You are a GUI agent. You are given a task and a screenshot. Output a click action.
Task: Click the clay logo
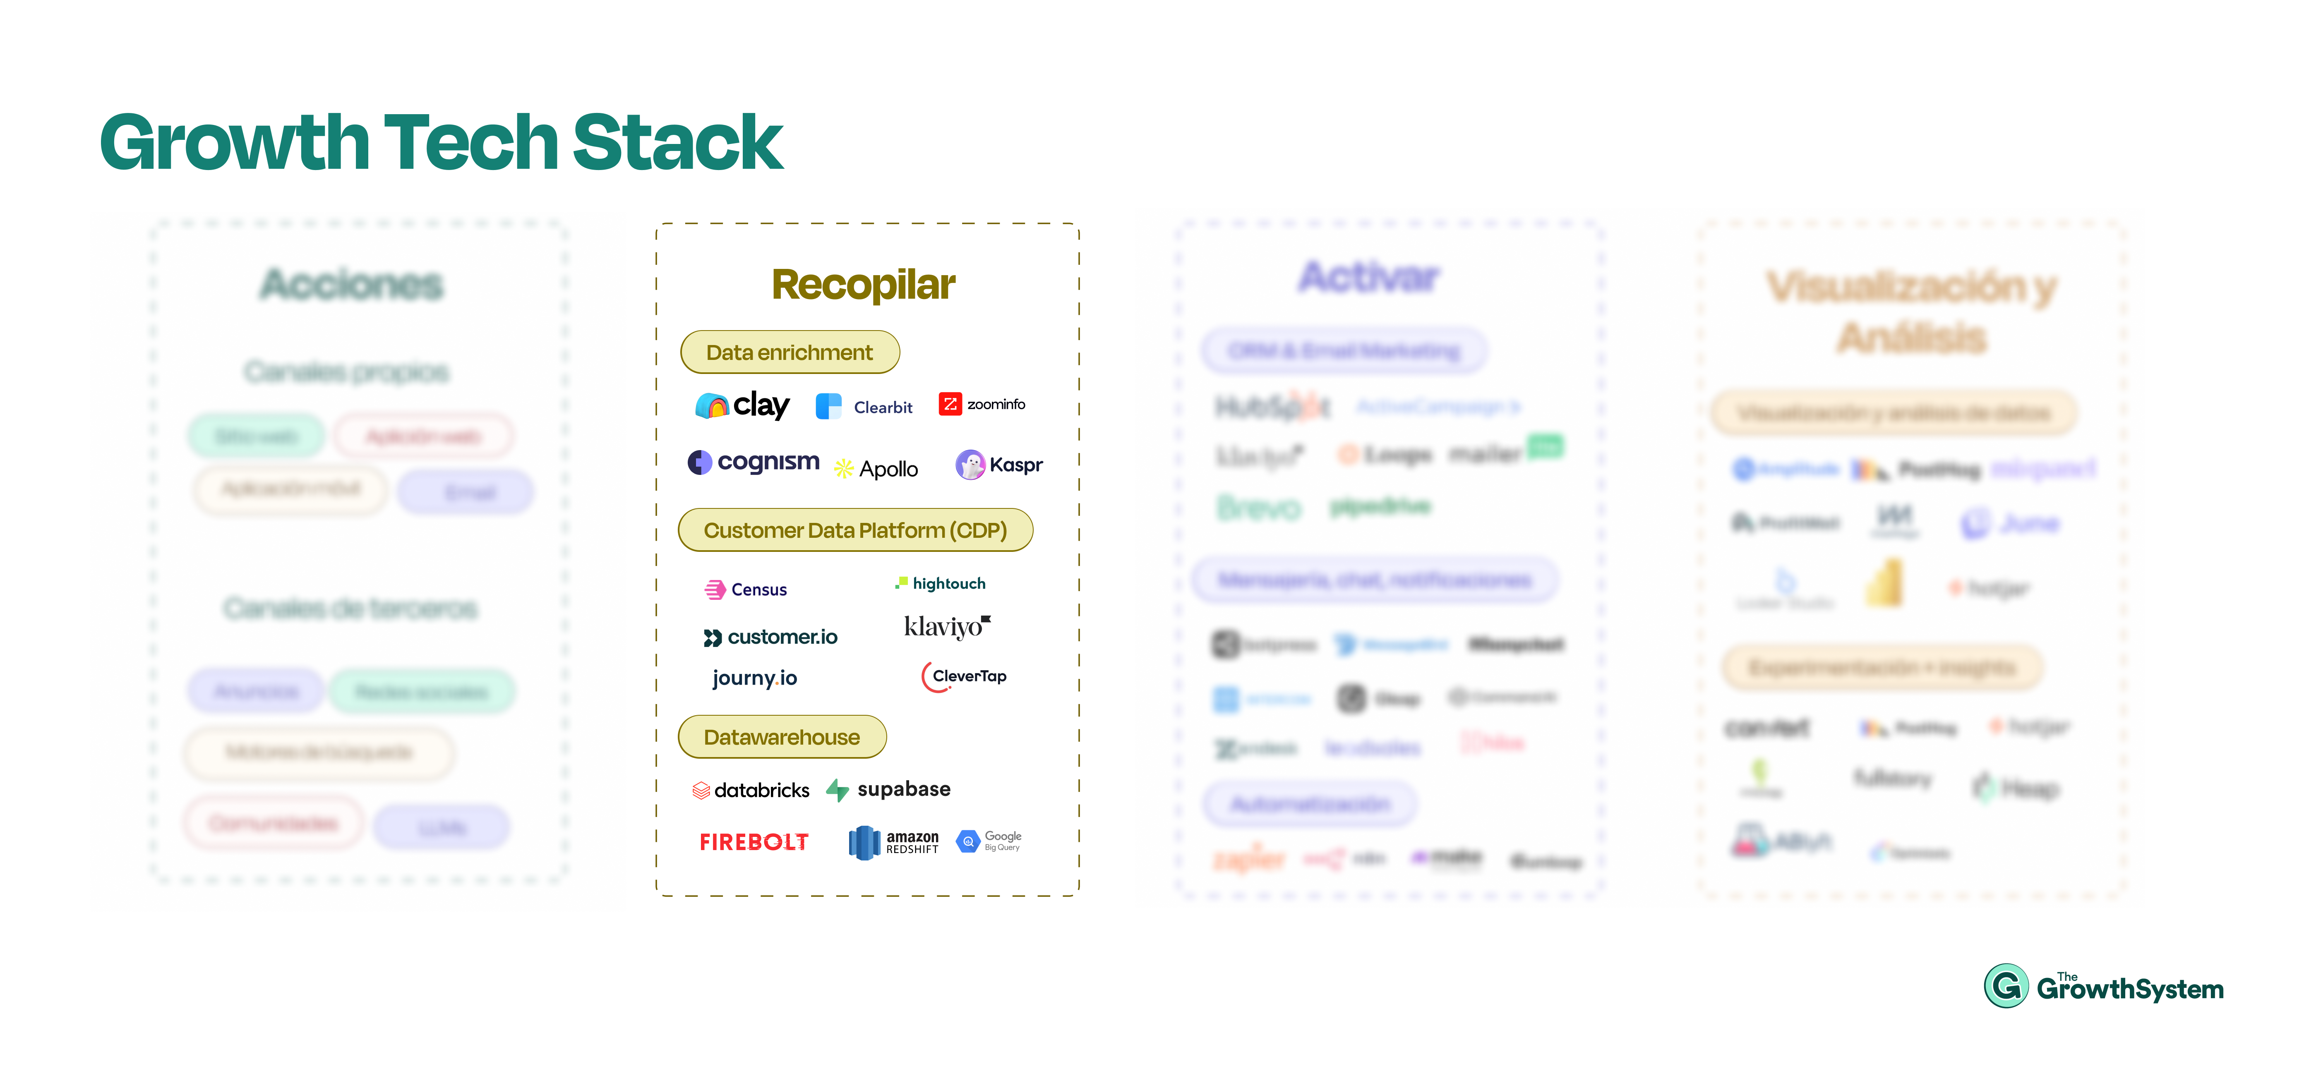point(742,406)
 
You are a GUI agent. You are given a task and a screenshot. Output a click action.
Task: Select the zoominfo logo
point(981,404)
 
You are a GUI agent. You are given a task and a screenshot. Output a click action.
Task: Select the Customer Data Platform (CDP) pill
point(855,530)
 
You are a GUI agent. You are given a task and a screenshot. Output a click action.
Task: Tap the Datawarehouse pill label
point(782,737)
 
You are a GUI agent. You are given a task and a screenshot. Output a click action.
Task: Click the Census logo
point(746,589)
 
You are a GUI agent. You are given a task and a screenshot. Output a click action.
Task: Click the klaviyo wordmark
point(946,626)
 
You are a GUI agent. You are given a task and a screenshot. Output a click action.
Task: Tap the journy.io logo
point(754,678)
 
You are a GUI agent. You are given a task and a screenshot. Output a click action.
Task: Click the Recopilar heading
point(863,284)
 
